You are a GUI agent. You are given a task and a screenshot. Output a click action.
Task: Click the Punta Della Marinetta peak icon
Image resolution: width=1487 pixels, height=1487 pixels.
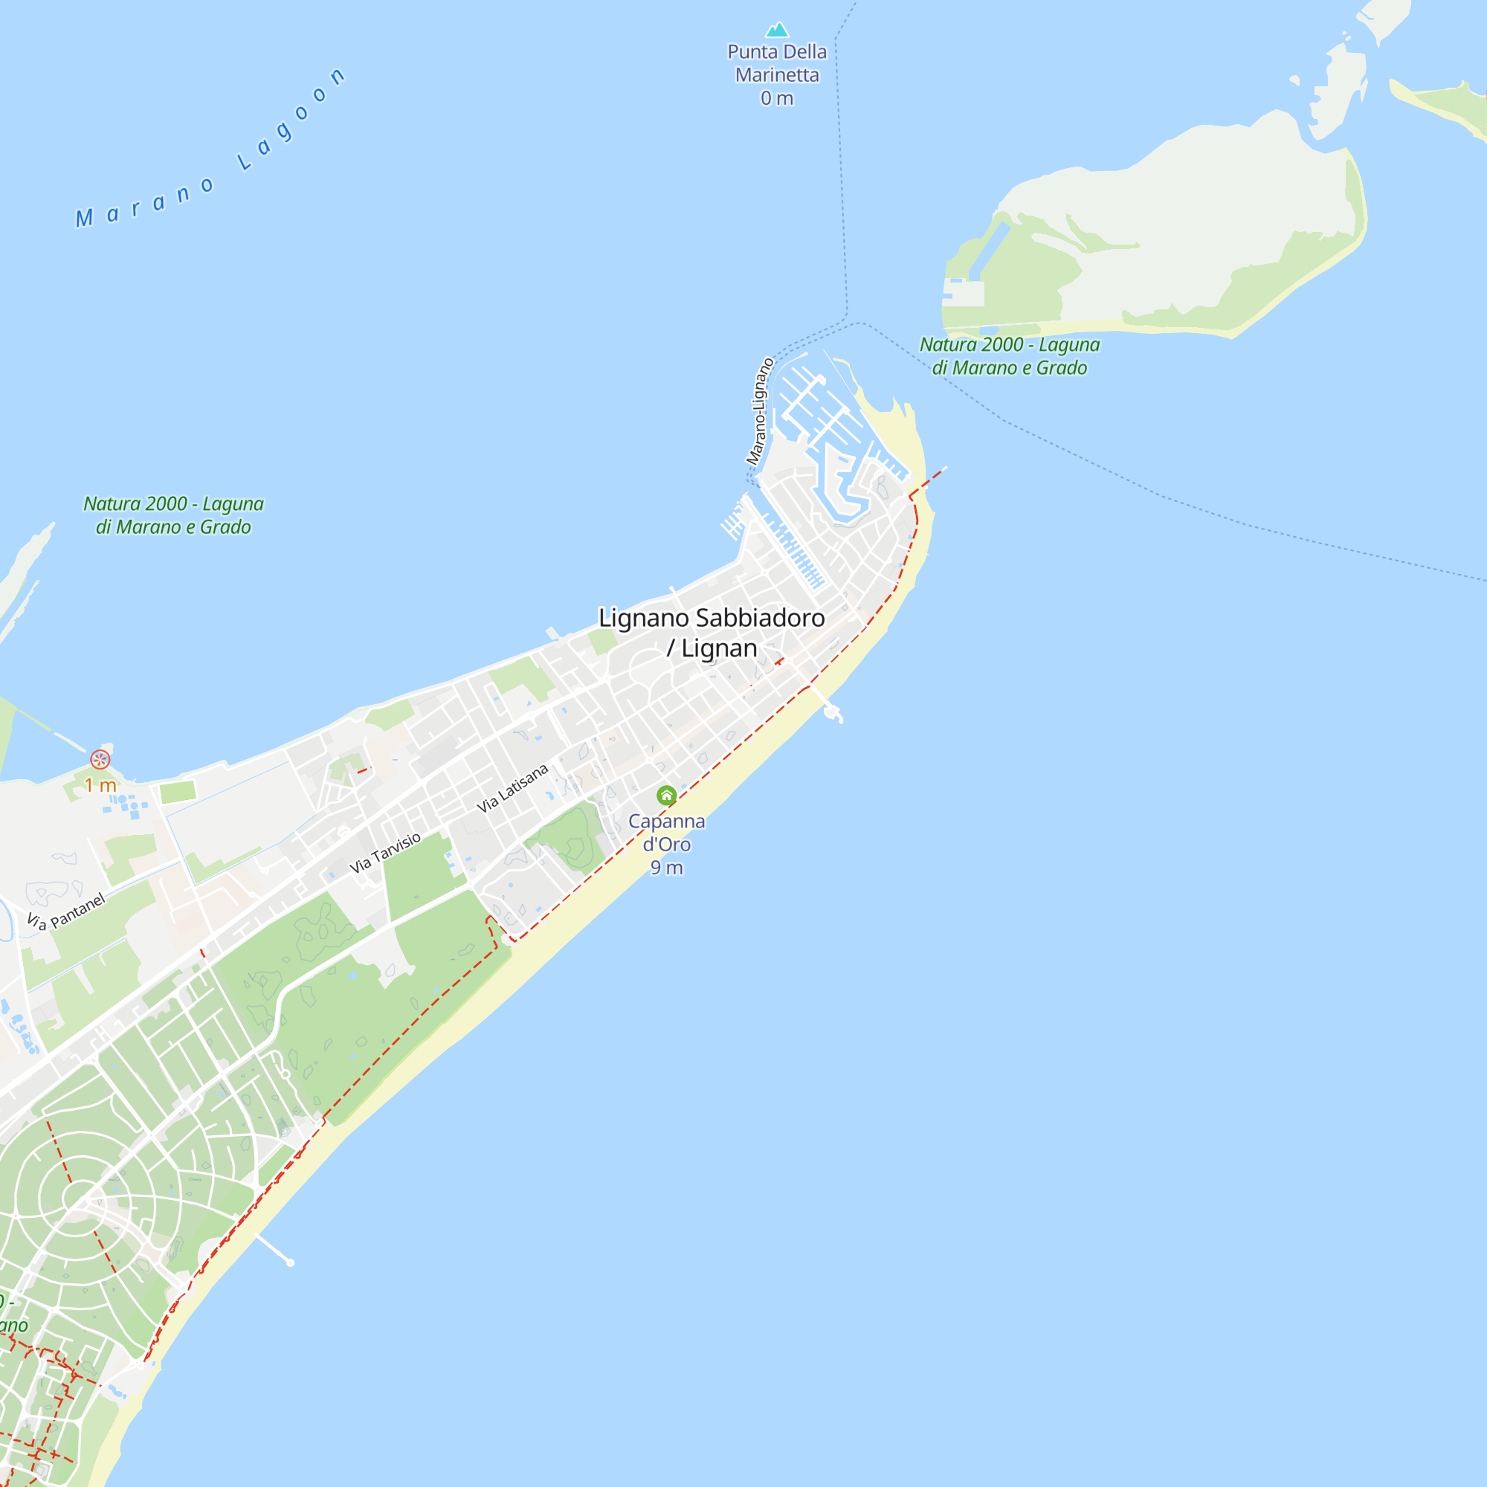tap(777, 30)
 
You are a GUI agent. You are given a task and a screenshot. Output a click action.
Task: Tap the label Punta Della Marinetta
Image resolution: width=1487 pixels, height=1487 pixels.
tap(777, 63)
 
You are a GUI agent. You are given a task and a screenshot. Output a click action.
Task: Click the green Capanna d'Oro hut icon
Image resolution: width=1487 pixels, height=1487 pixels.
tap(666, 795)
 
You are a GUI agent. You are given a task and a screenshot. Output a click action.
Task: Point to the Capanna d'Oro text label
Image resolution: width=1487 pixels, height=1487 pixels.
tap(666, 832)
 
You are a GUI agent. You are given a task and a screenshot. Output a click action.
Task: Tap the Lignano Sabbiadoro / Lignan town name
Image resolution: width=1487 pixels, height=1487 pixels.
tap(712, 633)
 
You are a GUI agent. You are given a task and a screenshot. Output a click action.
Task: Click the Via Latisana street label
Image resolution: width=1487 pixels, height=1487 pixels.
tap(512, 787)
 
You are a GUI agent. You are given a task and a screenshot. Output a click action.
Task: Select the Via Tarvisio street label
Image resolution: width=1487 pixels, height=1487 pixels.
tap(385, 852)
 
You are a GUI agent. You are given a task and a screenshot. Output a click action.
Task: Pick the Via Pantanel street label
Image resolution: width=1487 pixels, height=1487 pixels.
tap(65, 912)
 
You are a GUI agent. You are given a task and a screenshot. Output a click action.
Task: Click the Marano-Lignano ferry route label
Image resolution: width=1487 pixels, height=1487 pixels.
tap(759, 412)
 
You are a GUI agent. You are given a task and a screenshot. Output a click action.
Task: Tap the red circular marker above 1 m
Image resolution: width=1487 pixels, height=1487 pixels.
tap(100, 760)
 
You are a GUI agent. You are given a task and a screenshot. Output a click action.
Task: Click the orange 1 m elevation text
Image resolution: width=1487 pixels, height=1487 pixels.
tap(100, 785)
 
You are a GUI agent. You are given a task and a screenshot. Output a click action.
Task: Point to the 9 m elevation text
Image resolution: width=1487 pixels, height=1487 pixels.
tap(666, 868)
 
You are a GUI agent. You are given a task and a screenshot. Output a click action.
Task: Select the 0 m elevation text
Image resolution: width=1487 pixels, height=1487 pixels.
tap(777, 99)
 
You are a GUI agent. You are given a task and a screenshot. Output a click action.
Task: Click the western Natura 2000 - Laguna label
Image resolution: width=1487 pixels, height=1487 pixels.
tap(173, 515)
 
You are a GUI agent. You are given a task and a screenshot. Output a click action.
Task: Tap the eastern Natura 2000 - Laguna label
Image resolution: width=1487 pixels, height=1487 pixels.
tap(1009, 355)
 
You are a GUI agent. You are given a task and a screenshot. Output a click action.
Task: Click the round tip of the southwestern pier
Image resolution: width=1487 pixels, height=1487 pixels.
tap(290, 1262)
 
